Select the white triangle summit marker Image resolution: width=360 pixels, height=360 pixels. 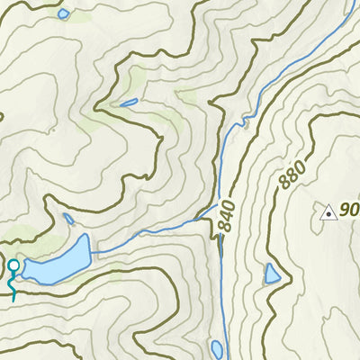pyautogui.click(x=328, y=212)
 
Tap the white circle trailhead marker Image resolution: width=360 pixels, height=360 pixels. pyautogui.click(x=13, y=265)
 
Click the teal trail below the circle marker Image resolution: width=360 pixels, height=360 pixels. pyautogui.click(x=12, y=286)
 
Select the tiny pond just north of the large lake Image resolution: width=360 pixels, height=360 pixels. pyautogui.click(x=68, y=219)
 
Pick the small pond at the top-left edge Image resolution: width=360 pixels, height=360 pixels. pyautogui.click(x=63, y=13)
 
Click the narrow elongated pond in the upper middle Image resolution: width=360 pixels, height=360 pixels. pyautogui.click(x=128, y=102)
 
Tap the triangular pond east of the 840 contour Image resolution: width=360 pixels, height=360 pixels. pyautogui.click(x=272, y=274)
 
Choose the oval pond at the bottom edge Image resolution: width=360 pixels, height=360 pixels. pyautogui.click(x=217, y=348)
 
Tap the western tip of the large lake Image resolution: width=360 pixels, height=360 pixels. pyautogui.click(x=24, y=268)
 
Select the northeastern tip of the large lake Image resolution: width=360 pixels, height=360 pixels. pyautogui.click(x=86, y=236)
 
